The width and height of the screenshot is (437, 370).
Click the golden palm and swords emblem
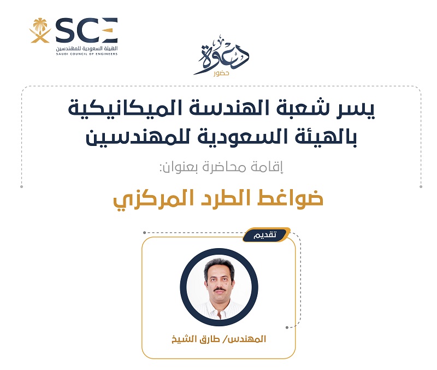pos(40,31)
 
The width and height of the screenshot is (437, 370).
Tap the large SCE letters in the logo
pos(87,30)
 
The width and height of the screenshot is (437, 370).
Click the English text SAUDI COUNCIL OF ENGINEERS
pos(87,54)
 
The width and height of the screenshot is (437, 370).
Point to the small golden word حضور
pos(221,74)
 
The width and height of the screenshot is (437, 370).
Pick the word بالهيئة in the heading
pos(321,137)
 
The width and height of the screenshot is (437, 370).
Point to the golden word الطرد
pos(225,198)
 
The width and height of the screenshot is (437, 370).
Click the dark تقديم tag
pos(266,235)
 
